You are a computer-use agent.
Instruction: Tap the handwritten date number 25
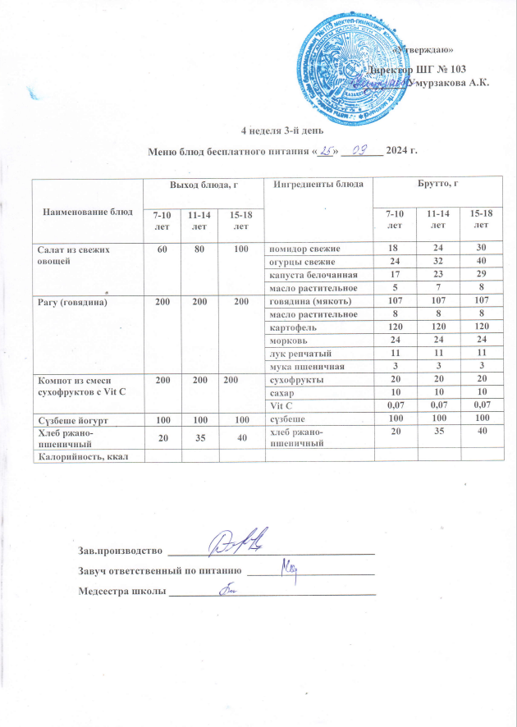point(304,150)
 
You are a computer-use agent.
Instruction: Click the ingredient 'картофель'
point(293,327)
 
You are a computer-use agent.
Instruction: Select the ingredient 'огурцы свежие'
point(301,262)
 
